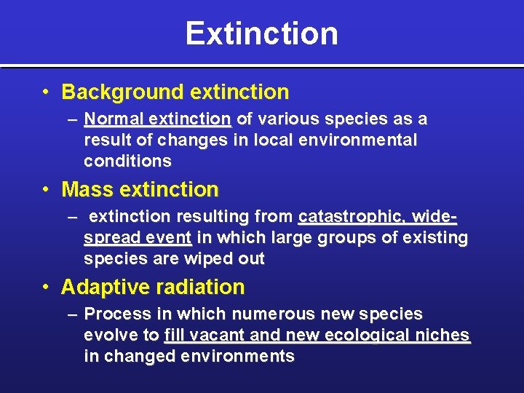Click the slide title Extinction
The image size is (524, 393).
(x=261, y=33)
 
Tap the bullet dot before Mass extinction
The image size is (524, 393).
(x=46, y=190)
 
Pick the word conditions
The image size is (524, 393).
(x=127, y=162)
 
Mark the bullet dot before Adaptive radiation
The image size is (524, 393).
(x=46, y=287)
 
